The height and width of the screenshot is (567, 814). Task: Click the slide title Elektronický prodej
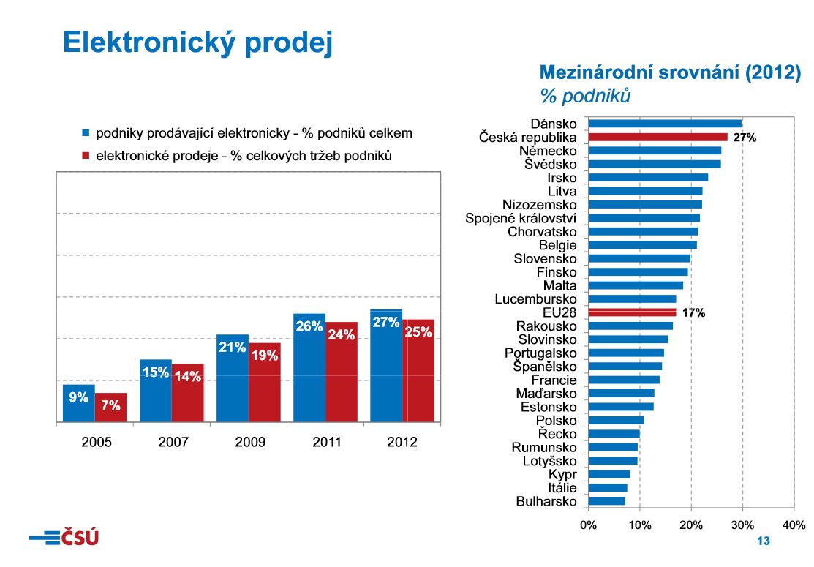[x=197, y=42]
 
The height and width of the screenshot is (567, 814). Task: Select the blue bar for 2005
[x=79, y=403]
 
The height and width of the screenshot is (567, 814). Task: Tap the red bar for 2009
[x=264, y=382]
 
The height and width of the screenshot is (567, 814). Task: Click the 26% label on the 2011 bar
[x=309, y=326]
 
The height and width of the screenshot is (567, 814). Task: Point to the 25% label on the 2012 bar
[x=418, y=331]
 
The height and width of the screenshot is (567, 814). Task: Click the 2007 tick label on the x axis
[x=173, y=442]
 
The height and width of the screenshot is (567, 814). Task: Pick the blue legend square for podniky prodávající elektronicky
[x=86, y=134]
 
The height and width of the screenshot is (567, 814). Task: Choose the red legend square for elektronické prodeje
[x=86, y=156]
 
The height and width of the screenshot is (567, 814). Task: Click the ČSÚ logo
[x=64, y=538]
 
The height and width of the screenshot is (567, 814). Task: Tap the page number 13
[x=764, y=541]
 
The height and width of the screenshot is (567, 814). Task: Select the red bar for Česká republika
[x=657, y=137]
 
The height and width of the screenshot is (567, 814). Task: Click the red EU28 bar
[x=632, y=312]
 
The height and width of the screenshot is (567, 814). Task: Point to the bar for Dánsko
[x=665, y=124]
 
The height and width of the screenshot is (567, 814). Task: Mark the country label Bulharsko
[x=546, y=502]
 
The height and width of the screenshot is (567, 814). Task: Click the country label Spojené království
[x=521, y=218]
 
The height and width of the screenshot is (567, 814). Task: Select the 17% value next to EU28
[x=693, y=313]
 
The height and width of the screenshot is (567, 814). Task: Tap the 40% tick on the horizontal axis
[x=794, y=525]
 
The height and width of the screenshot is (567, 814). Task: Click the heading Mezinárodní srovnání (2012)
[x=670, y=73]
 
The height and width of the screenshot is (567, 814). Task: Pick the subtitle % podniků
[x=584, y=96]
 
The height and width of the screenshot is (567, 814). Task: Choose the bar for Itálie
[x=607, y=488]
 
